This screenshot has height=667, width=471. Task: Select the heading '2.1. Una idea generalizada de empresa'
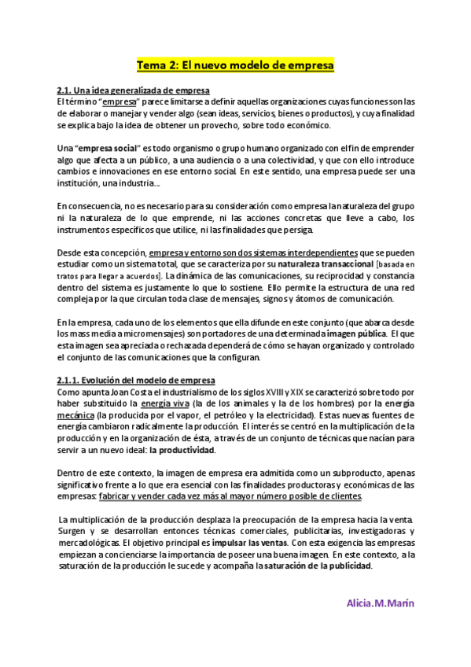[133, 90]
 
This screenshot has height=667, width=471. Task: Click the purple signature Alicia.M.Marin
[380, 603]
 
